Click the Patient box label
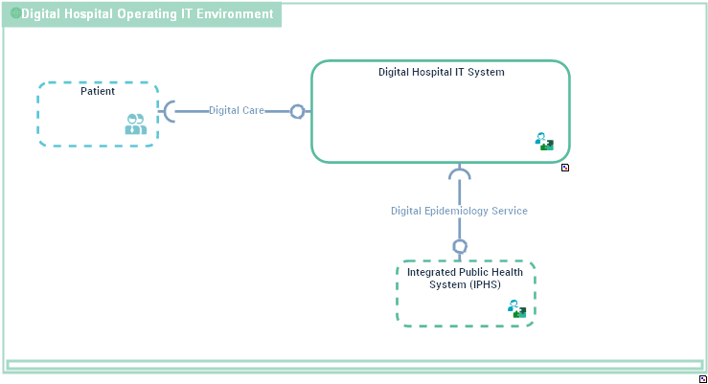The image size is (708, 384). [98, 92]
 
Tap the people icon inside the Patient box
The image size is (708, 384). [135, 124]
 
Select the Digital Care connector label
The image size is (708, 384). [237, 111]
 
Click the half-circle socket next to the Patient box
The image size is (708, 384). [170, 111]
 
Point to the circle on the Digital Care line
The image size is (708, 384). [297, 111]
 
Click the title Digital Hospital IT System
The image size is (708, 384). [441, 72]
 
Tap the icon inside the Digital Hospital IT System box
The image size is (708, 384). [544, 142]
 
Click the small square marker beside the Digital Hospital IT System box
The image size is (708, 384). [565, 168]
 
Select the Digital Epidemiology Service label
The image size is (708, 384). [459, 211]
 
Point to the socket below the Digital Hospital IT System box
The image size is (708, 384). [460, 174]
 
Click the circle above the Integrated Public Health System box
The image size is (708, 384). [460, 246]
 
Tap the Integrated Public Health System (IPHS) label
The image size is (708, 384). [466, 278]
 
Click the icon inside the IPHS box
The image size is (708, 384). [516, 308]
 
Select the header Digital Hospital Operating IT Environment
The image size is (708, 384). [147, 14]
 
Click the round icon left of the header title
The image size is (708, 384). [15, 14]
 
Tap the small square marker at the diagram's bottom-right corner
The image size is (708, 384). [703, 379]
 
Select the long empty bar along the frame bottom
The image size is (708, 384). [354, 365]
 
